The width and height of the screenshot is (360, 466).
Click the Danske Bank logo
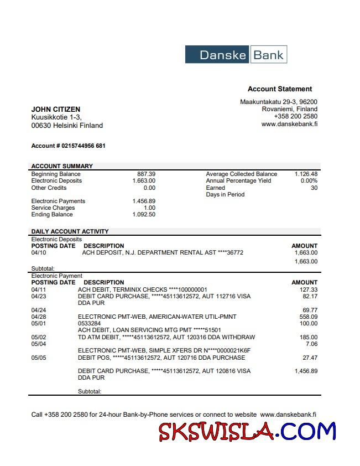point(236,55)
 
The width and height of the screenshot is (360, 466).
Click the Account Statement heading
point(279,89)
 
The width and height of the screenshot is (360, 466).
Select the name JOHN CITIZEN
point(56,110)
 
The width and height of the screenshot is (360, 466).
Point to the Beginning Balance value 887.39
point(146,174)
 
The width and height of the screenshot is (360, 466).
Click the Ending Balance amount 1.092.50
point(144,215)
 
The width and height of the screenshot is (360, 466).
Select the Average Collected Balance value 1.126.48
point(306,174)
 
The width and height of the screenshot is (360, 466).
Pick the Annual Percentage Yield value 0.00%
point(309,181)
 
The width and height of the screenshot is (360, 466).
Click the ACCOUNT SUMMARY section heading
point(62,166)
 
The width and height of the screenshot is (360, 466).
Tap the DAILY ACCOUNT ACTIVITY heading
point(70,231)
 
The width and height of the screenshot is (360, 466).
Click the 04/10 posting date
point(39,253)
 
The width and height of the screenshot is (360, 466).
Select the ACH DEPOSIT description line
point(163,253)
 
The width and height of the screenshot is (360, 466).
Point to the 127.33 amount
point(308,289)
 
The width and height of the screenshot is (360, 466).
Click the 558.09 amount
point(308,317)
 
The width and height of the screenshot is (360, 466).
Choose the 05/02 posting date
point(39,337)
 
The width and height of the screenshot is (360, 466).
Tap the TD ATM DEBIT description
point(166,337)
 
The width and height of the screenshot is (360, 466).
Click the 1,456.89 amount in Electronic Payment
point(306,371)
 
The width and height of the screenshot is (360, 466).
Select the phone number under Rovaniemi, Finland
point(295,117)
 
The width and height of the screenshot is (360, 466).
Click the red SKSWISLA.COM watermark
point(247,432)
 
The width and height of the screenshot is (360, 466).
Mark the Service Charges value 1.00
point(149,208)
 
